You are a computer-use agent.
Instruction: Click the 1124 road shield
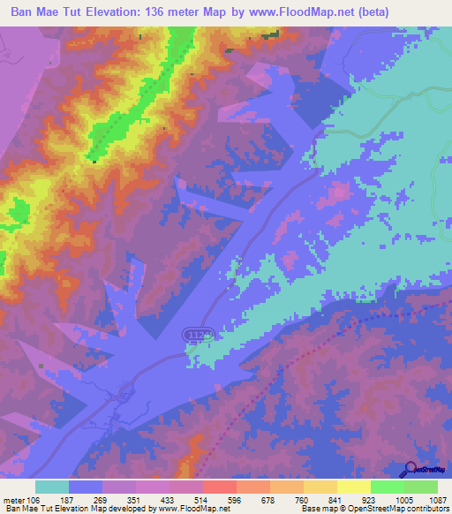[x=198, y=334]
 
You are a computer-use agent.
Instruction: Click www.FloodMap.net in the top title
[x=302, y=13]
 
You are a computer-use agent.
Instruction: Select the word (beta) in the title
[x=381, y=13]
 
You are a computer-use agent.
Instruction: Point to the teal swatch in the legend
[x=52, y=487]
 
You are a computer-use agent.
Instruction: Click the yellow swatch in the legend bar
[x=354, y=487]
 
